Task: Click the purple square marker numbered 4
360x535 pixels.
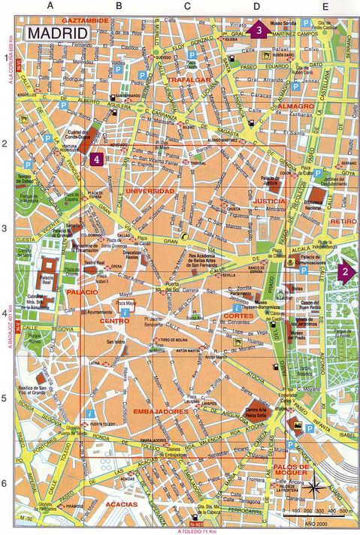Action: tap(96, 159)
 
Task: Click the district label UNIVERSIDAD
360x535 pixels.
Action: tap(149, 191)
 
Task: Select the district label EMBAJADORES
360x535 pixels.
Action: tap(161, 412)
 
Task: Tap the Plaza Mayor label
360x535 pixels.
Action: tap(127, 302)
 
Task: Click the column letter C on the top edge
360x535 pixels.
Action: tap(186, 6)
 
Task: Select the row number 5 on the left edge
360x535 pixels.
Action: tap(6, 399)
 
